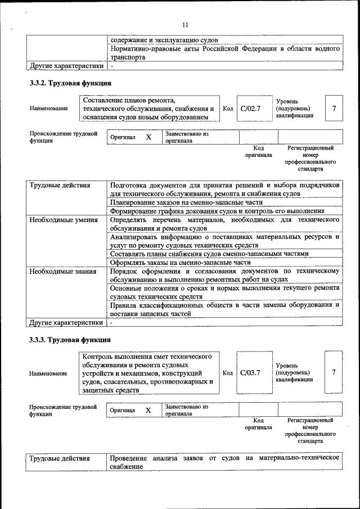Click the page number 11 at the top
(186, 24)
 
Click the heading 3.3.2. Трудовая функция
(70, 84)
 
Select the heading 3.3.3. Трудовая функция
(70, 340)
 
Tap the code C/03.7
(250, 372)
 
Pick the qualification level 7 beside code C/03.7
(335, 372)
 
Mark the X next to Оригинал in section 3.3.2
(148, 137)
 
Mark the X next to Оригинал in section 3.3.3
(148, 410)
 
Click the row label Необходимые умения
(60, 219)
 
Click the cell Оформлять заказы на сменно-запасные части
(180, 262)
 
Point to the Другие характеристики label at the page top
(66, 66)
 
